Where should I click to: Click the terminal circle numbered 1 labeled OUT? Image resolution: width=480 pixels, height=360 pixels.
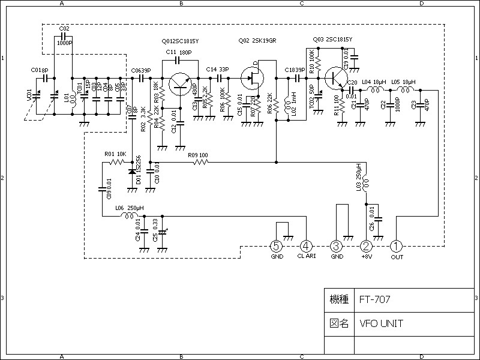pos(397,246)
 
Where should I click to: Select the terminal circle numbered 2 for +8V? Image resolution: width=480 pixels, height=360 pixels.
pos(367,246)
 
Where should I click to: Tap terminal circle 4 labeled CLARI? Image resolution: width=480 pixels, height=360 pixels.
pos(306,246)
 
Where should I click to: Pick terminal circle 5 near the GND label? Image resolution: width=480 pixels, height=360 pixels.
pos(276,246)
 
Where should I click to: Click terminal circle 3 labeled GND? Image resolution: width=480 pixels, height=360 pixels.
pos(337,246)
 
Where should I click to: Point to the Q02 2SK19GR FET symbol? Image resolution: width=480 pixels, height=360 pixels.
pos(254,77)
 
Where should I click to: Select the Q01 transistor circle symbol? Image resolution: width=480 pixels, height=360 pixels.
pos(179,83)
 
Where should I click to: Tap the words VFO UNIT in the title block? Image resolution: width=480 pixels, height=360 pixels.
pos(382,323)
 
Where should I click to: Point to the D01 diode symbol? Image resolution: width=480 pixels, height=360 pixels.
pos(132,172)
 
